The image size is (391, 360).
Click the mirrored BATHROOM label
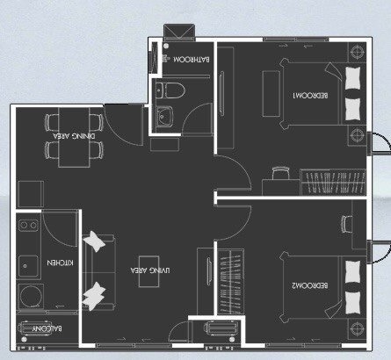[x=192, y=60]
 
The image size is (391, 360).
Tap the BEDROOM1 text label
[x=310, y=96]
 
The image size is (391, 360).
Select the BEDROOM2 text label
[x=309, y=285]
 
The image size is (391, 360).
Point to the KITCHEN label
[x=61, y=263]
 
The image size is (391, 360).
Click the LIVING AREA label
[x=150, y=270]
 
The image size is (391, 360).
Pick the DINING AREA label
[x=74, y=136]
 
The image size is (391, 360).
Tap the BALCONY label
[x=47, y=328]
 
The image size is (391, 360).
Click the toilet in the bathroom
[x=170, y=90]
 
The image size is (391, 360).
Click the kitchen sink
[x=28, y=266]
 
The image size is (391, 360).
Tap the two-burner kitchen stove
[x=28, y=225]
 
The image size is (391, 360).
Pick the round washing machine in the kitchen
[x=30, y=297]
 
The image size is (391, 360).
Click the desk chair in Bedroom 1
[x=280, y=173]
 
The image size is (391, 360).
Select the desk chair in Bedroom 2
[x=347, y=224]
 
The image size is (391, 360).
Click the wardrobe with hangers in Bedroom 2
[x=231, y=282]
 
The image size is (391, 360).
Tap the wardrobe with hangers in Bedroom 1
[x=333, y=182]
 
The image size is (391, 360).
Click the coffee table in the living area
[x=149, y=271]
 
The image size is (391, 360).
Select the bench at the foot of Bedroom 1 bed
[x=272, y=94]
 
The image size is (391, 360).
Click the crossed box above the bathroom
[x=179, y=32]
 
